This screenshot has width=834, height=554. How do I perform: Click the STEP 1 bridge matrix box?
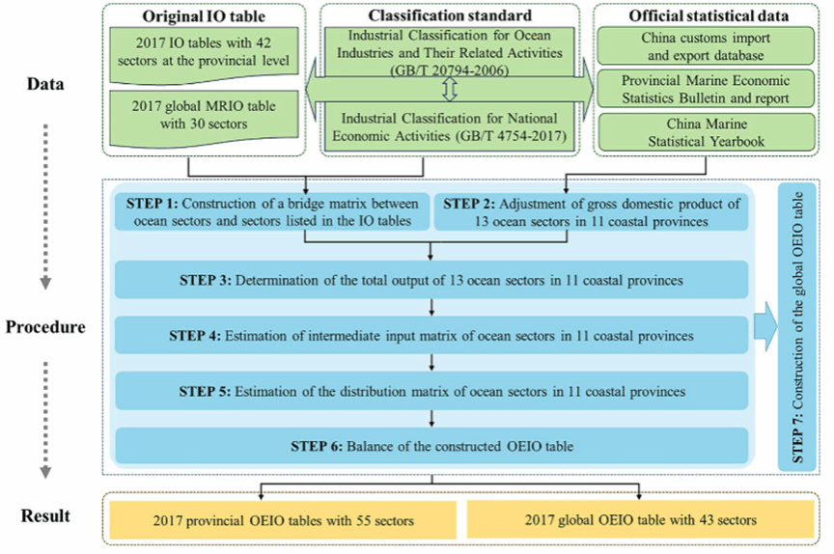coord(271,211)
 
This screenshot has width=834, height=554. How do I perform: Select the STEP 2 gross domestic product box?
coord(591,211)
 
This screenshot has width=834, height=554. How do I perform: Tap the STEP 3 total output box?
coord(431,280)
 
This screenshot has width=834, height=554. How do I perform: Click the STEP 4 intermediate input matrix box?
coord(431,336)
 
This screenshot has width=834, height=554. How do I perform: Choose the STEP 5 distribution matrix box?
coord(431,392)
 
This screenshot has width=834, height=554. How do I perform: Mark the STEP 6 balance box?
coord(431,445)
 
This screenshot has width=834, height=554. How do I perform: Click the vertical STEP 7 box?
coord(796,326)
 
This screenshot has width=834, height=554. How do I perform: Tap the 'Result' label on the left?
coord(45,515)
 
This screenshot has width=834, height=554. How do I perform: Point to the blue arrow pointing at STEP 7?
coord(766,326)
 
